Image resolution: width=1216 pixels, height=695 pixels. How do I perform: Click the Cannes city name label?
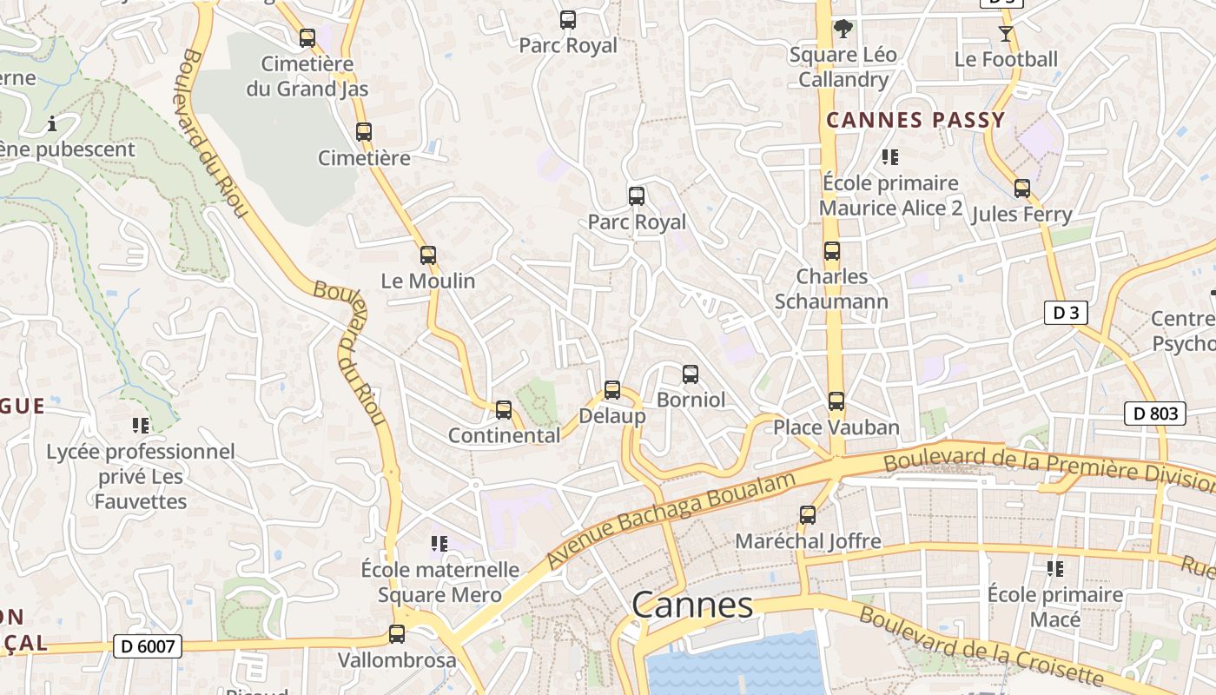692,605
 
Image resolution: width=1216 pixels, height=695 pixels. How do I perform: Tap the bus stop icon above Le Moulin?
427,255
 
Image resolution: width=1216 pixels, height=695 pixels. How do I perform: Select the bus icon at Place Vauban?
836,401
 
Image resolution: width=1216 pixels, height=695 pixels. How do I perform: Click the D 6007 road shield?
148,646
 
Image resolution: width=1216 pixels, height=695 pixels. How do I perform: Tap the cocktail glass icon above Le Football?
1006,34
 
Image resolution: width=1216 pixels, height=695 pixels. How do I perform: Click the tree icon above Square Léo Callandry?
842,29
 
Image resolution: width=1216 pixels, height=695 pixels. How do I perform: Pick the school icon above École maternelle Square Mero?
439,544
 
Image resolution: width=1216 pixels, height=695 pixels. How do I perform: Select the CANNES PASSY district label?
915,120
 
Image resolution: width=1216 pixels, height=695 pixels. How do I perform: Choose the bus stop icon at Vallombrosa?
397,634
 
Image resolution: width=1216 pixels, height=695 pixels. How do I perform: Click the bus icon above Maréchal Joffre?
808,515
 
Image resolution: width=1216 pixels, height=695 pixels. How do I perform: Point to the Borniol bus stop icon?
691,374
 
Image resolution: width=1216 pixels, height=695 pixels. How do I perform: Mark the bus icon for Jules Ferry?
1022,189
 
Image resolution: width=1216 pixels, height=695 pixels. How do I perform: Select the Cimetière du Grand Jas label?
307,76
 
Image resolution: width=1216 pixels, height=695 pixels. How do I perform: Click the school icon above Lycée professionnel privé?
141,426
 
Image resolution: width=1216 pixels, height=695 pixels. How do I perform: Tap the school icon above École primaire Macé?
1055,569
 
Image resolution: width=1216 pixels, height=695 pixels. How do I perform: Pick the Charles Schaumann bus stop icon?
832,251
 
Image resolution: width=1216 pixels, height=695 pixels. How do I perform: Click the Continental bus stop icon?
504,410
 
